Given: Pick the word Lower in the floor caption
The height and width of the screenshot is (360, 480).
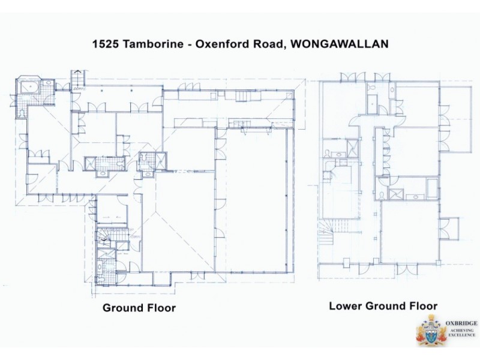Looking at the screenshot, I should click(x=344, y=306).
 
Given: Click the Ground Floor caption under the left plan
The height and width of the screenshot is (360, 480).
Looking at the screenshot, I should click(x=139, y=308).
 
